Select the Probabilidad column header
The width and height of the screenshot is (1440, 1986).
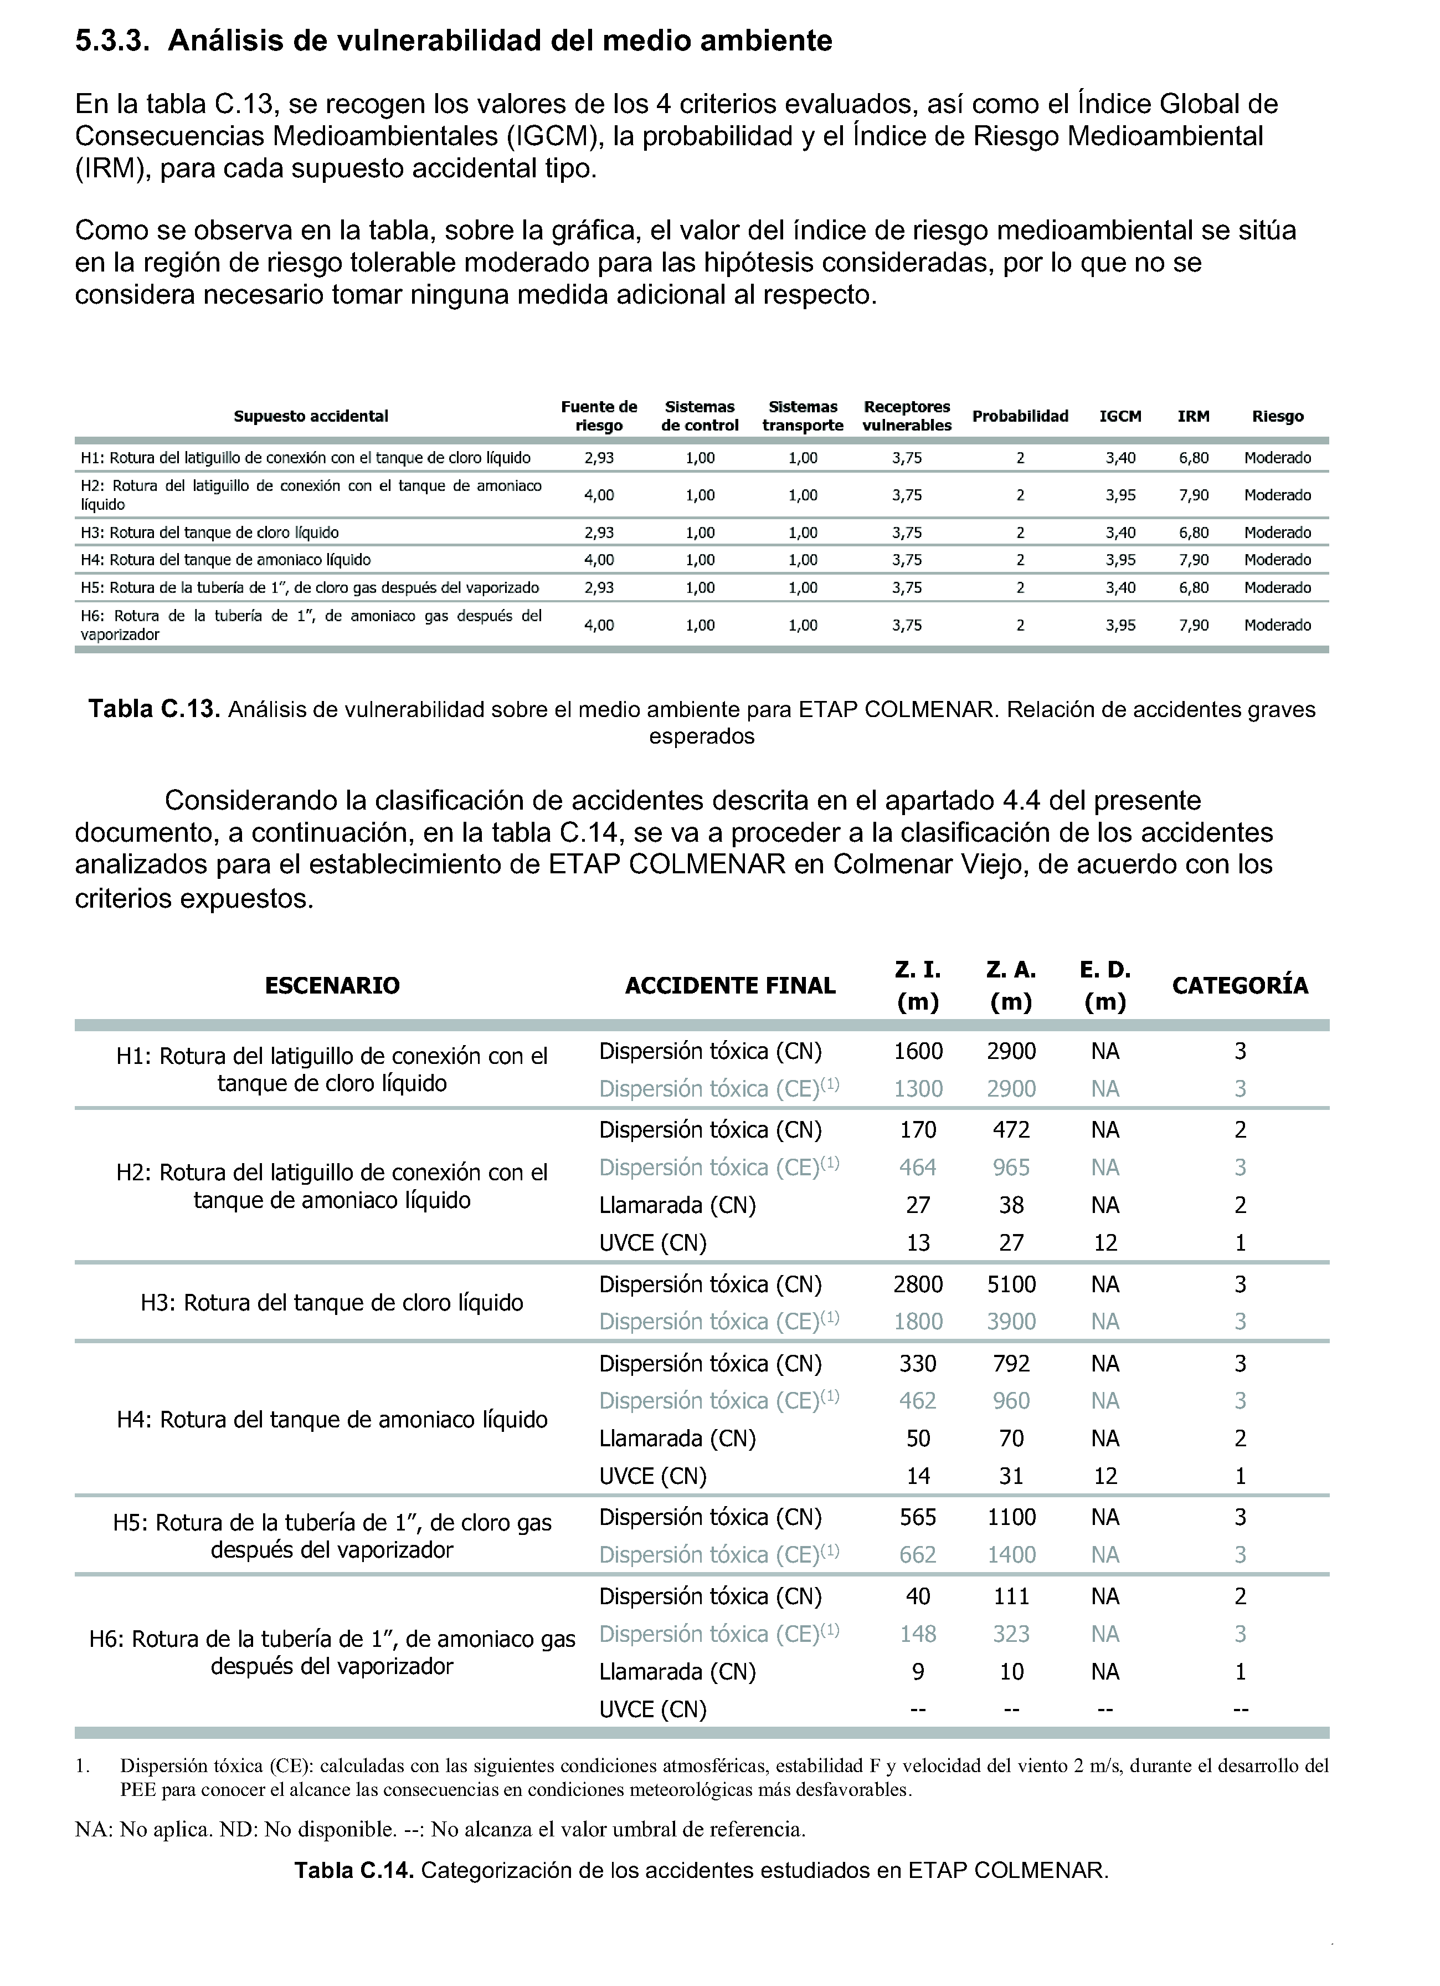pos(1020,416)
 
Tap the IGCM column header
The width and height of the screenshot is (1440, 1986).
pos(1120,417)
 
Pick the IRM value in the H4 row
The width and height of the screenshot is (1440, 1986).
pos(1193,560)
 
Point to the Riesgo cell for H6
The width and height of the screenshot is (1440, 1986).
pos(1277,625)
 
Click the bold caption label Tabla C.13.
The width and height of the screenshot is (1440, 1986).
pos(154,709)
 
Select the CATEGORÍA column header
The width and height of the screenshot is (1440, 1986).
pos(1240,986)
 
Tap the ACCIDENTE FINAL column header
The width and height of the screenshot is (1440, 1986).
pos(730,986)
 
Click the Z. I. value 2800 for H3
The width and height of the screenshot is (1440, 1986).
pos(917,1284)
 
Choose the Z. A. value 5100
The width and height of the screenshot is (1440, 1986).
pos(1011,1284)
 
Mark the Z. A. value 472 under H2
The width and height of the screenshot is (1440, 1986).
pos(1011,1130)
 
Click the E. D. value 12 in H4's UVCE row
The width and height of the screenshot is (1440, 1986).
pos(1105,1476)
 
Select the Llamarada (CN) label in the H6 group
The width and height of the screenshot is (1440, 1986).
pos(677,1672)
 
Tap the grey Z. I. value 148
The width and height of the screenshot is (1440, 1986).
pos(917,1634)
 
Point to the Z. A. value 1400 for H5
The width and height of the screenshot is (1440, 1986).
pos(1011,1555)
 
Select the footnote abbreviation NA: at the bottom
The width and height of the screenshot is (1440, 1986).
pos(94,1829)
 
